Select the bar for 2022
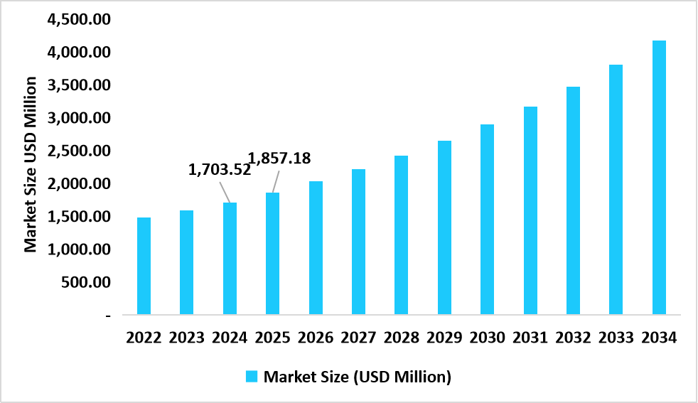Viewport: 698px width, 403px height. pyautogui.click(x=144, y=266)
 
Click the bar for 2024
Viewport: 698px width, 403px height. pyautogui.click(x=230, y=259)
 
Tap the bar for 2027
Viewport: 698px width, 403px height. pyautogui.click(x=358, y=242)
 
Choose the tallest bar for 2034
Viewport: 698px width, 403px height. pyautogui.click(x=659, y=178)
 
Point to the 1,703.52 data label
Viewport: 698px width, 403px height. pyautogui.click(x=219, y=170)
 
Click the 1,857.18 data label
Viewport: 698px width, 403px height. pyautogui.click(x=279, y=158)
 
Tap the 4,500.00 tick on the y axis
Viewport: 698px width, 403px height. pyautogui.click(x=78, y=19)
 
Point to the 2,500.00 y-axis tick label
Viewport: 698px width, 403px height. pyautogui.click(x=78, y=151)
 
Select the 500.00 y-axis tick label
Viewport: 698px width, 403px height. pyautogui.click(x=84, y=282)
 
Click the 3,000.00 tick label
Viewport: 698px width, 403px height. pyautogui.click(x=78, y=118)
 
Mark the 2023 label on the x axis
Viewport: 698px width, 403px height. pyautogui.click(x=187, y=338)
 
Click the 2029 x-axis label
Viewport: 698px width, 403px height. pyautogui.click(x=444, y=338)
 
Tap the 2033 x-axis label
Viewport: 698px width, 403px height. pyautogui.click(x=616, y=338)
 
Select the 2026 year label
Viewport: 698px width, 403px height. pyautogui.click(x=316, y=338)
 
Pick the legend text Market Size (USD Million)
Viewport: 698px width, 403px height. pyautogui.click(x=358, y=377)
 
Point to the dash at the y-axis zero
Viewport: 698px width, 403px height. pyautogui.click(x=107, y=315)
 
